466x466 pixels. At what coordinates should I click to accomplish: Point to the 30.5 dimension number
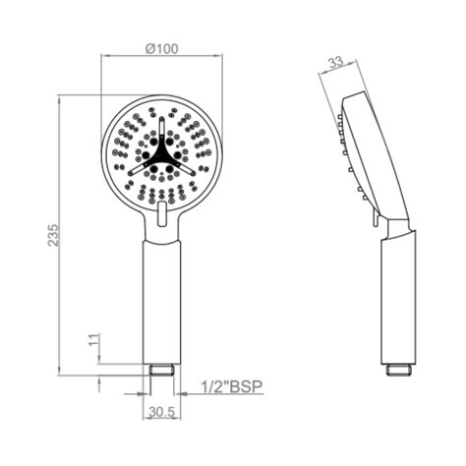[x=161, y=414]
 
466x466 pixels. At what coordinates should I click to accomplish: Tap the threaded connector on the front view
[x=162, y=371]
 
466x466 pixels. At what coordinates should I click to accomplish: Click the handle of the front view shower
[x=162, y=295]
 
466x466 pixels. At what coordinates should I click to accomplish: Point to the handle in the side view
[x=395, y=295]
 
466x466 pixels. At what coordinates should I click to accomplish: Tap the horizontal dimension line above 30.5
[x=162, y=399]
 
